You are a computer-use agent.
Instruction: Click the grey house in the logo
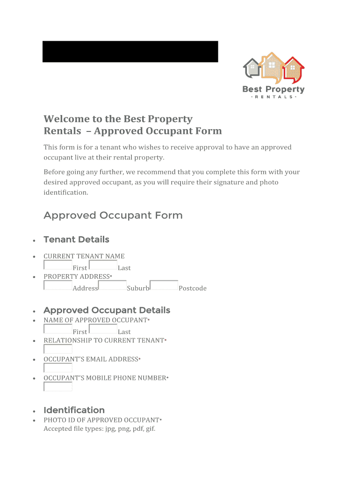pos(252,69)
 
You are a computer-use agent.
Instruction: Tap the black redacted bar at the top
pos(130,51)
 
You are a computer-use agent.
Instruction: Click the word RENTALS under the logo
pos(274,97)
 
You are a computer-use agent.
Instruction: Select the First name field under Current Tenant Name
pos(58,265)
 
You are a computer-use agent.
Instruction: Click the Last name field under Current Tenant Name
pos(103,265)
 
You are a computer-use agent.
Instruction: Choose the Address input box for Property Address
pos(58,285)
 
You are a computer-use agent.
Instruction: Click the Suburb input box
pos(112,285)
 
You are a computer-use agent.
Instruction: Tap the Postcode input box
pos(164,285)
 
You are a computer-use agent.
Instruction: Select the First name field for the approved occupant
pos(58,329)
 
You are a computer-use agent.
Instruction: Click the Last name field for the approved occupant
pos(103,329)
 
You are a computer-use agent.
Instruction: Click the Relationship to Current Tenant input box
pos(58,349)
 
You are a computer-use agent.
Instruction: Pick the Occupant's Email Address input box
pos(58,368)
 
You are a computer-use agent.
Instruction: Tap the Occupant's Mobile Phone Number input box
pos(58,386)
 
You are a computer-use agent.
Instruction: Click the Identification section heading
pos(74,410)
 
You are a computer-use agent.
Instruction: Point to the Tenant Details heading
pos(76,239)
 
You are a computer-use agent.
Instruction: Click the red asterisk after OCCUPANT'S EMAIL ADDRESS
pos(140,359)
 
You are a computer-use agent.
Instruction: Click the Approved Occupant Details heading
pos(107,310)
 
